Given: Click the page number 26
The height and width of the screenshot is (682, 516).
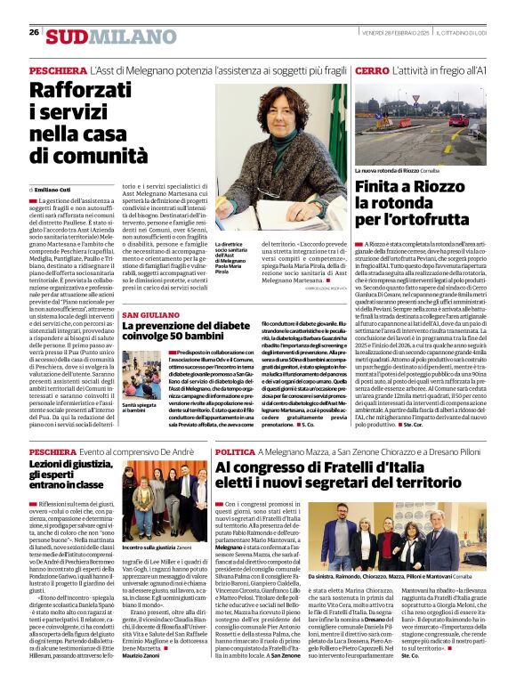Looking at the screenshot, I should (34, 33).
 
